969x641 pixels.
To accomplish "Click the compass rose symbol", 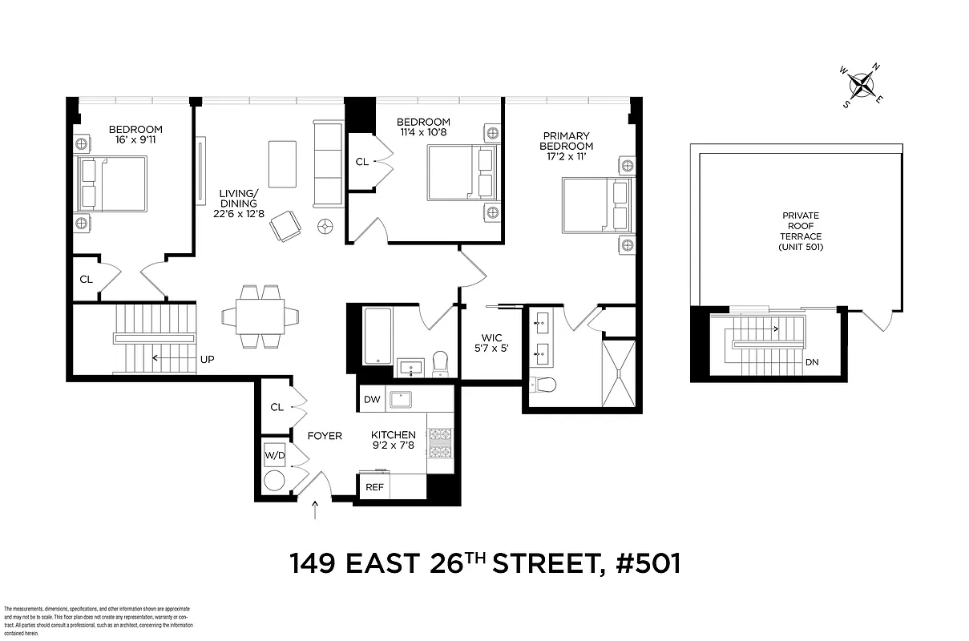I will pyautogui.click(x=862, y=84).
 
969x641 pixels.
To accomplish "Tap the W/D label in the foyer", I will pyautogui.click(x=274, y=456).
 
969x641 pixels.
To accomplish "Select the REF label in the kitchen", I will pyautogui.click(x=374, y=486).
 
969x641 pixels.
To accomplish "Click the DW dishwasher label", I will pyautogui.click(x=371, y=399).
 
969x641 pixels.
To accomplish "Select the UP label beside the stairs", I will pyautogui.click(x=207, y=359).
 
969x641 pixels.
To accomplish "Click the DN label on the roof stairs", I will pyautogui.click(x=812, y=362).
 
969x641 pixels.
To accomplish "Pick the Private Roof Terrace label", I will pyautogui.click(x=801, y=231).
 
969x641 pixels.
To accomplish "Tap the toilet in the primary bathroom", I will pyautogui.click(x=544, y=385).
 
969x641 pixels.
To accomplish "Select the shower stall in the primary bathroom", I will pyautogui.click(x=618, y=373).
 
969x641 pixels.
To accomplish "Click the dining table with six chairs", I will pyautogui.click(x=260, y=316).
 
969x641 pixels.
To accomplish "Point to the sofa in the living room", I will pyautogui.click(x=328, y=164).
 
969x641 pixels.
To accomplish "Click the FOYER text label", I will pyautogui.click(x=325, y=436).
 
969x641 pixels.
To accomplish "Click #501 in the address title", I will pyautogui.click(x=648, y=563).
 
